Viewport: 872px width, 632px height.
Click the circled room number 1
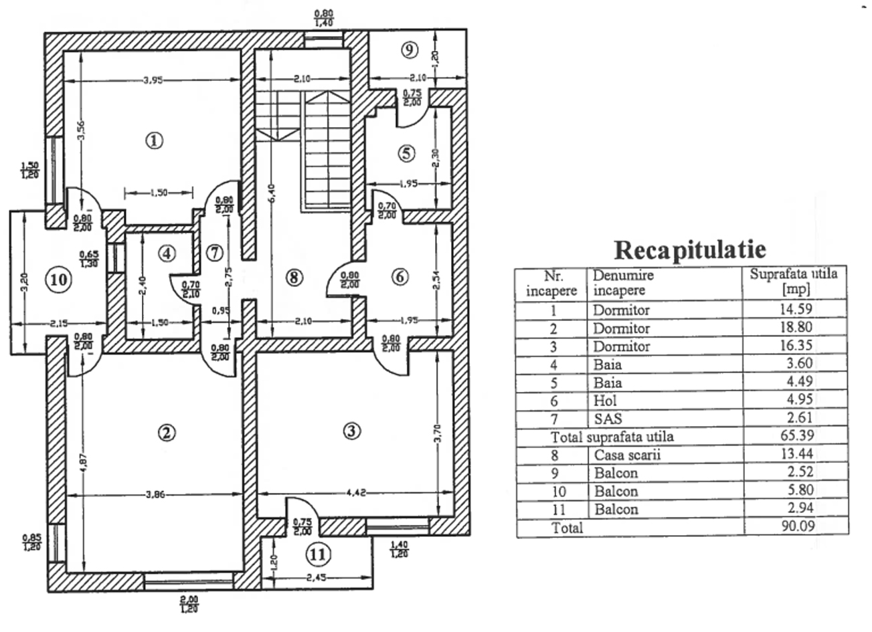(x=155, y=140)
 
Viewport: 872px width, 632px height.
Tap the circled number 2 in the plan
(x=166, y=432)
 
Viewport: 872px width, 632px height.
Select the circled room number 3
(x=351, y=431)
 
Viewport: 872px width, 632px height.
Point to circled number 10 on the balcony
(x=59, y=280)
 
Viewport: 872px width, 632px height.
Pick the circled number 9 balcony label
(x=410, y=49)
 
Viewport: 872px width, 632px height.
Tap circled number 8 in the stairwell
(x=294, y=277)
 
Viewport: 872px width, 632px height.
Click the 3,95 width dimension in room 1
(x=154, y=80)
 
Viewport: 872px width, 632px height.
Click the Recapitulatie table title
(x=689, y=250)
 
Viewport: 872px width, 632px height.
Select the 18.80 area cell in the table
(x=794, y=328)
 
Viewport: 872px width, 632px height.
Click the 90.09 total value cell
(x=794, y=527)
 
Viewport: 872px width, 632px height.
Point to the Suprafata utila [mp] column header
(x=794, y=282)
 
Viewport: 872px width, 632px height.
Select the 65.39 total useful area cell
(x=794, y=437)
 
